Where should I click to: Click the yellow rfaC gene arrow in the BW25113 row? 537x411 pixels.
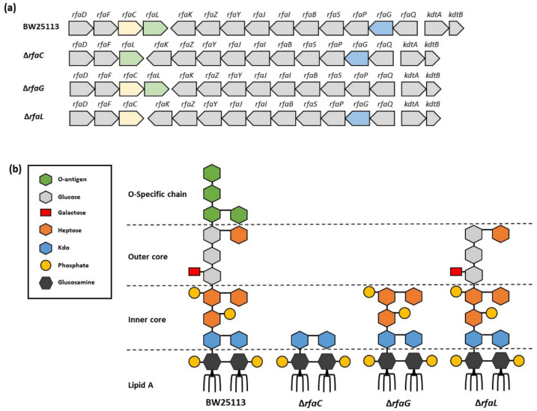130,28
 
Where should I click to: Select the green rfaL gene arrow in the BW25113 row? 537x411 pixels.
154,28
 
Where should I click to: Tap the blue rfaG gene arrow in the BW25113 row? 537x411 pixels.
382,28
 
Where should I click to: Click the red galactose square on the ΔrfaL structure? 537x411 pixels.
456,272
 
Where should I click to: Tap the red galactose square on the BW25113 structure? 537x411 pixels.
194,272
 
